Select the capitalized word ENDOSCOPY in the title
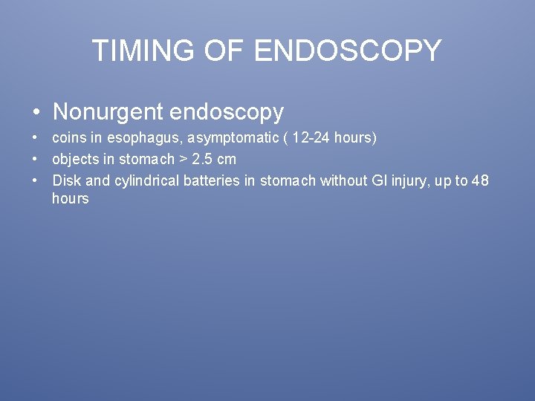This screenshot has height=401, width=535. click(347, 50)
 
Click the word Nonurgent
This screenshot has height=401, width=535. click(108, 111)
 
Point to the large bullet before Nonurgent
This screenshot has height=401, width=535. click(36, 113)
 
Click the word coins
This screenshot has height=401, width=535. click(69, 138)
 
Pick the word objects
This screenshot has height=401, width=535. click(74, 160)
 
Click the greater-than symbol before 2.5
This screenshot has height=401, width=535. click(183, 160)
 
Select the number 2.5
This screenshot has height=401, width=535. click(201, 159)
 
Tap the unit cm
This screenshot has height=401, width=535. click(226, 160)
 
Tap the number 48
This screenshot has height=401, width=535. click(480, 180)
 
